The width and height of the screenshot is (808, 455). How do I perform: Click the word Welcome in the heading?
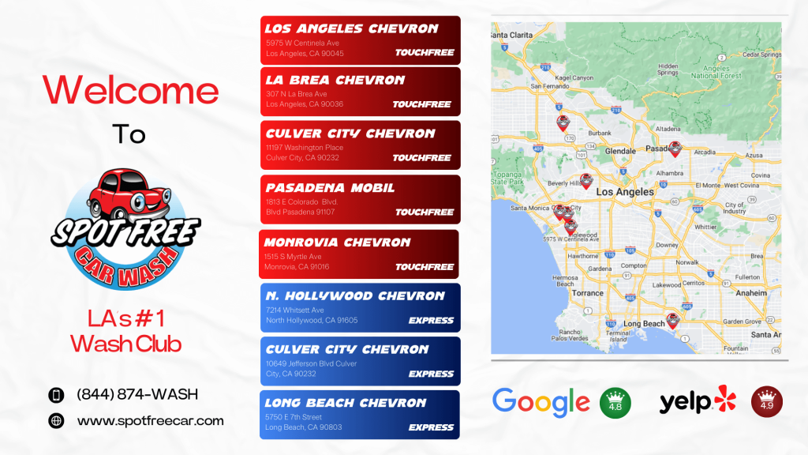tap(130, 90)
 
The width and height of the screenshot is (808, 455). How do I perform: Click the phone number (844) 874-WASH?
tap(137, 394)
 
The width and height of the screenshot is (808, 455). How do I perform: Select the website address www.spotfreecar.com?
tap(150, 421)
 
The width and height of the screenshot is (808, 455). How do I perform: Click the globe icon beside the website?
tap(56, 421)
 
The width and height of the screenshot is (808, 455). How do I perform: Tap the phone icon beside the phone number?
tap(56, 395)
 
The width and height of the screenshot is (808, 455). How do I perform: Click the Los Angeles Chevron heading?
tap(351, 28)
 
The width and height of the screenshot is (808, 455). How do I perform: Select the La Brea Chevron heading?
tap(335, 80)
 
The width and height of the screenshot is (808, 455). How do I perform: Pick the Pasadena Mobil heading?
tap(330, 188)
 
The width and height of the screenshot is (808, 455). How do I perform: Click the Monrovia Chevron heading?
tap(337, 243)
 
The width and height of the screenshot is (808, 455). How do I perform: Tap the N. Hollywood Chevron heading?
tap(355, 296)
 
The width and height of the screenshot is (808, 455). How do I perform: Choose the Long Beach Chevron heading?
tap(345, 403)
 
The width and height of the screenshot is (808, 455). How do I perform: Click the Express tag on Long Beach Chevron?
tap(431, 427)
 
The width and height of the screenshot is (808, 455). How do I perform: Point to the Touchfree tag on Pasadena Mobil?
tap(424, 212)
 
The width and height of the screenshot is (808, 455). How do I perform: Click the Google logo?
tap(541, 401)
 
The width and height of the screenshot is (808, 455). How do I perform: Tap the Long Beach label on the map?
tap(644, 324)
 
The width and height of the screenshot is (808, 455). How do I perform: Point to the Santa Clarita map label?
tap(511, 36)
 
